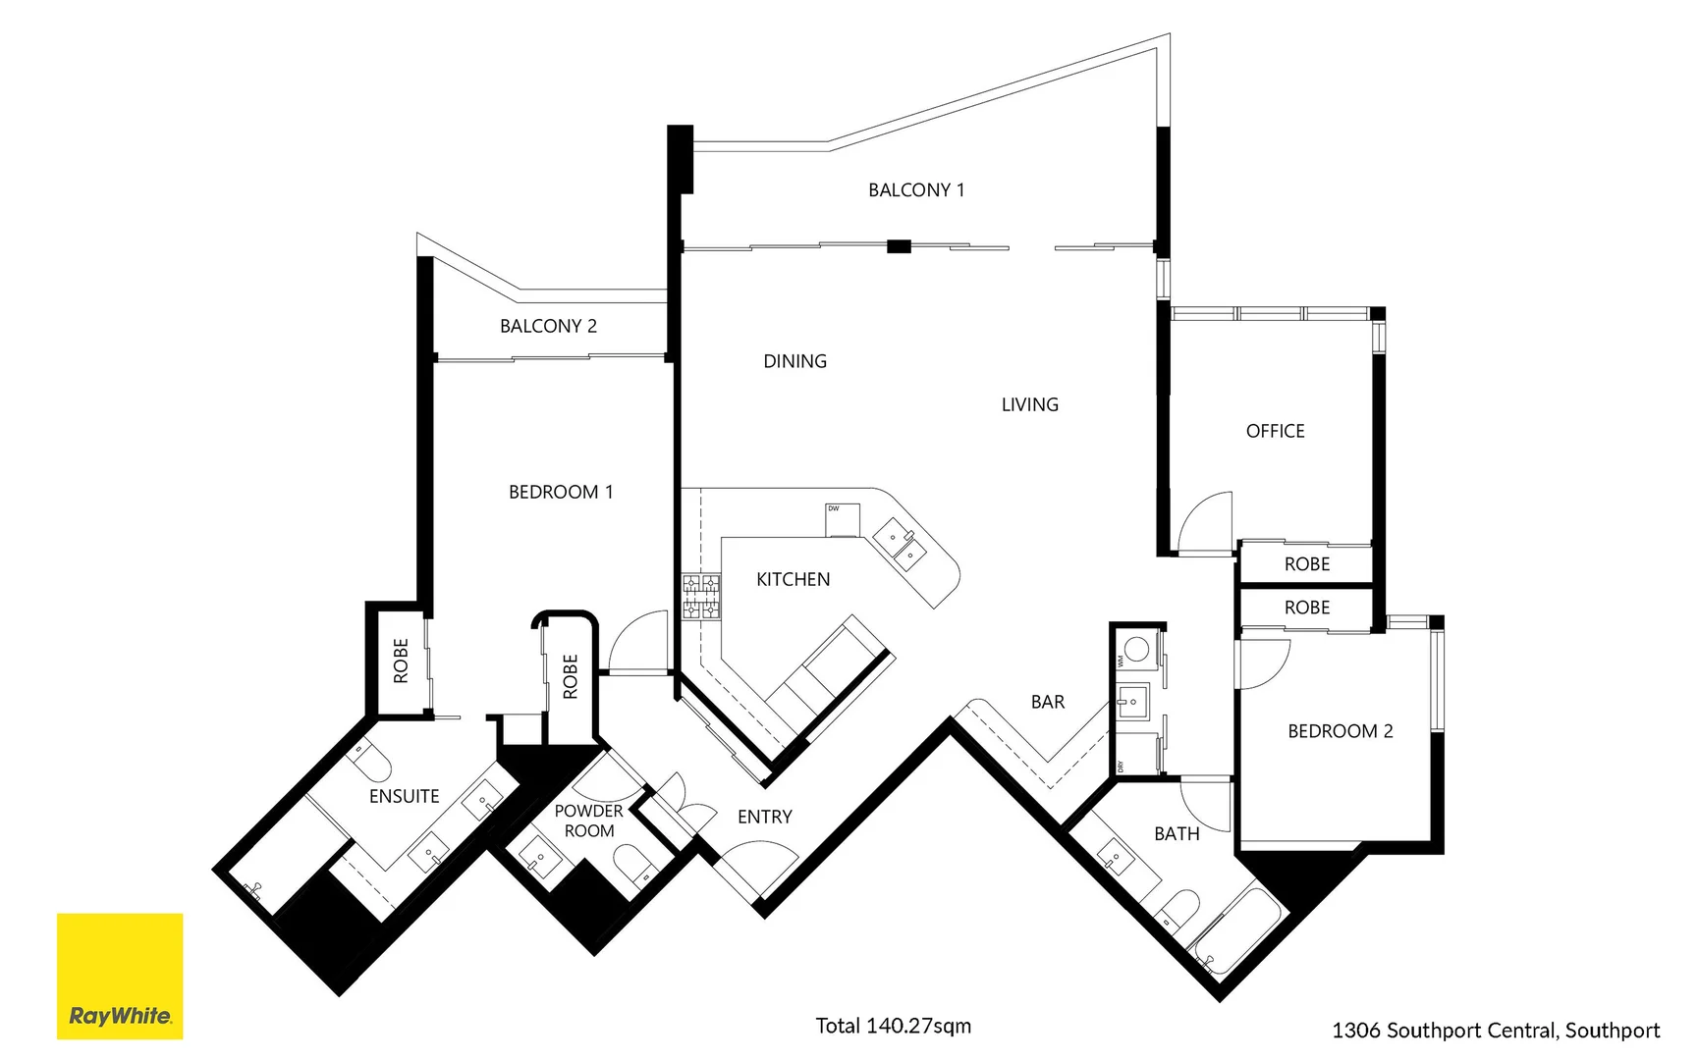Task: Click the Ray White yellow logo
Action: [120, 976]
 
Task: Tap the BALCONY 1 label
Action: [915, 190]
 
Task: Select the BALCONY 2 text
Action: [548, 326]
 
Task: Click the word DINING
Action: [794, 361]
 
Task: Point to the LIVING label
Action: [1029, 404]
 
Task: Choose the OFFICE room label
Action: [1275, 431]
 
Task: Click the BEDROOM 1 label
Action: [561, 492]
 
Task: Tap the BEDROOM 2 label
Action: [1340, 731]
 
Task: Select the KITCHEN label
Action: [793, 580]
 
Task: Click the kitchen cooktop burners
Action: [701, 597]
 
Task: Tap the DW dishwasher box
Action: [842, 520]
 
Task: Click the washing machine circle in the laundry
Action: [1136, 648]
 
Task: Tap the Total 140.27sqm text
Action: [893, 1026]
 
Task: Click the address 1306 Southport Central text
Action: [1495, 1031]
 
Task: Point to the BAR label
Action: [1047, 702]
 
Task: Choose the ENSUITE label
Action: [404, 796]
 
